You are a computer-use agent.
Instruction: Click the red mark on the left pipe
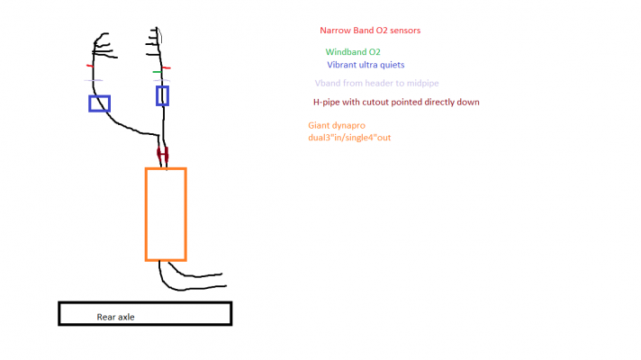(x=90, y=66)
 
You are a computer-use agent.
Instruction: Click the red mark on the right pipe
(x=166, y=67)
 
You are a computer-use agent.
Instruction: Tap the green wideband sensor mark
(x=157, y=72)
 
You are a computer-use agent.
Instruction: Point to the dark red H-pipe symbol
(x=163, y=155)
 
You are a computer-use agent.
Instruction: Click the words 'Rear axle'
(x=116, y=317)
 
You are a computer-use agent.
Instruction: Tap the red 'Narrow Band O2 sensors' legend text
(x=370, y=31)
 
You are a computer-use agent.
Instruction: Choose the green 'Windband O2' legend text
(x=353, y=52)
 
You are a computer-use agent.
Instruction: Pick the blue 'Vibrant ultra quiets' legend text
(x=366, y=65)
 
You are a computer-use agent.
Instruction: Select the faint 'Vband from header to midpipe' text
(x=376, y=83)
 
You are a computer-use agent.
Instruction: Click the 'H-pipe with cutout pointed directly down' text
(x=396, y=103)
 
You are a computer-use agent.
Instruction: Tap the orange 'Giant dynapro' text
(x=337, y=125)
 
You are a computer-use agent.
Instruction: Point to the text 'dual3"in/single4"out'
(x=349, y=138)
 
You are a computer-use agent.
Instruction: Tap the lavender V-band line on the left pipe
(x=94, y=80)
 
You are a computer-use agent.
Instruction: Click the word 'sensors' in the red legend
(x=405, y=31)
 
